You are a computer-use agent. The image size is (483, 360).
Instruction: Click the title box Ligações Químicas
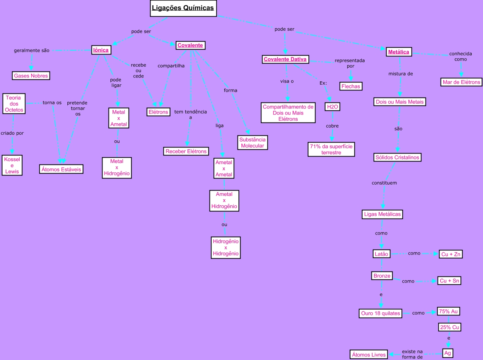[183, 8]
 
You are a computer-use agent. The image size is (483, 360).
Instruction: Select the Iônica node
[101, 50]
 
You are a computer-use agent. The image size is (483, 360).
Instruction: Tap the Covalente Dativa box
[285, 59]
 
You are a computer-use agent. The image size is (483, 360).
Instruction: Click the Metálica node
[399, 52]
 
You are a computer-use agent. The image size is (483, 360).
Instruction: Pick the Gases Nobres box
[31, 76]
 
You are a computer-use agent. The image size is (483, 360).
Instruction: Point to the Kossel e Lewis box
[12, 165]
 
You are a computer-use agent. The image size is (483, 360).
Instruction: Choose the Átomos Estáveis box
[61, 169]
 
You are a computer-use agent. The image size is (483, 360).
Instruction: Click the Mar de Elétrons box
[461, 82]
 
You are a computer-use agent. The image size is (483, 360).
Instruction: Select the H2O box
[332, 107]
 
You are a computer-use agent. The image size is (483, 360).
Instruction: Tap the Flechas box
[351, 86]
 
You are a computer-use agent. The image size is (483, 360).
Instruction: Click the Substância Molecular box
[252, 143]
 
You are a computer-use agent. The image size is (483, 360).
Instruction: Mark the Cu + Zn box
[450, 254]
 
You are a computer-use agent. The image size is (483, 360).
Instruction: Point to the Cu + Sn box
[449, 281]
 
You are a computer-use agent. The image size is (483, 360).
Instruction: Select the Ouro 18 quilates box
[380, 313]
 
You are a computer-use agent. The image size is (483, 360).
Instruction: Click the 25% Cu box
[450, 327]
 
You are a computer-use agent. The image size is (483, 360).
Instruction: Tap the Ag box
[447, 353]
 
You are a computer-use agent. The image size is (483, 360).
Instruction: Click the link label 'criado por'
[12, 133]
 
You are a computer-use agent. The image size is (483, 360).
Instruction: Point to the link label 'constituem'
[384, 183]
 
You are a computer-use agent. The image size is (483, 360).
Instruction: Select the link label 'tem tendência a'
[191, 115]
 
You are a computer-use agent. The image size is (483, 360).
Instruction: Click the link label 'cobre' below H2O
[332, 126]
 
